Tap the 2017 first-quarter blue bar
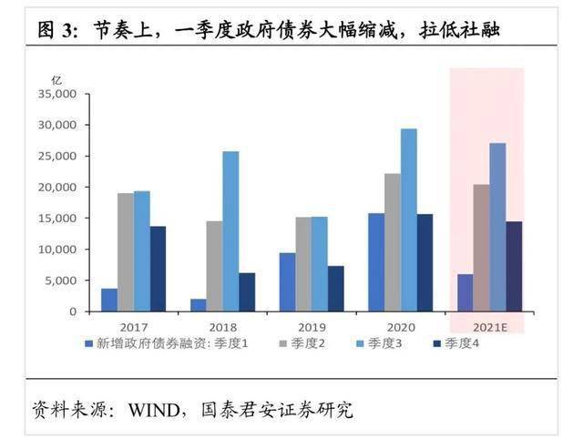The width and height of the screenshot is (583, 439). point(108,300)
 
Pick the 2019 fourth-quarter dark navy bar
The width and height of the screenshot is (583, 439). point(336,289)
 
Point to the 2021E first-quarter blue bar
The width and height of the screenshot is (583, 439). point(465,292)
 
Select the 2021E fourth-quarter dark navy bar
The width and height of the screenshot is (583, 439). point(515,266)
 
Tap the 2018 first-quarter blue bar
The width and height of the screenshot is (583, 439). point(198,305)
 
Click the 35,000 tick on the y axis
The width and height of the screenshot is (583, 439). point(62,94)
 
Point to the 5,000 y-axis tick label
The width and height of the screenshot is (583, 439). point(66,281)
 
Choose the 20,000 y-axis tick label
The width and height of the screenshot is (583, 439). point(62,187)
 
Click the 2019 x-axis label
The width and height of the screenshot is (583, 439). point(311,326)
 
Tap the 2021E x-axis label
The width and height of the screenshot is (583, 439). point(489,326)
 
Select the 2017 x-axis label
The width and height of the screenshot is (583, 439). point(134,326)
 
